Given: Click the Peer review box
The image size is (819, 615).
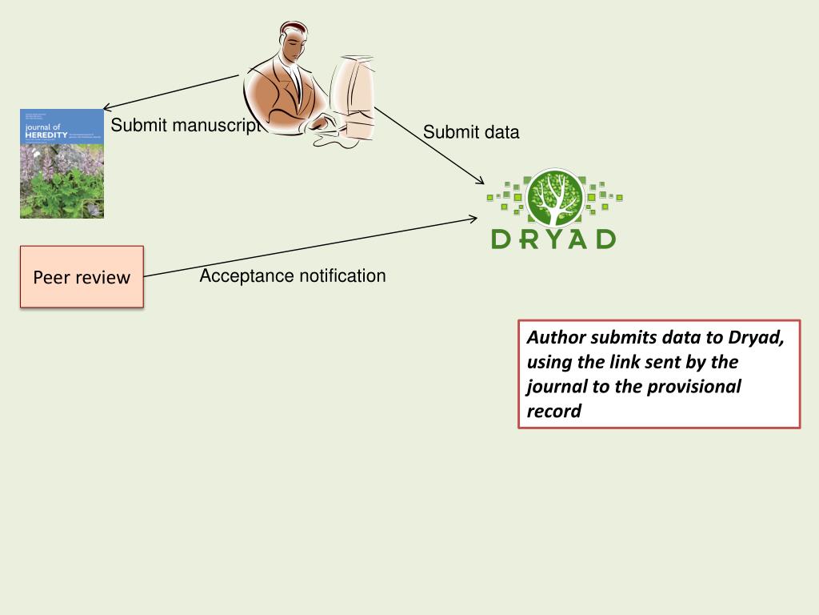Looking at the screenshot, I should (x=82, y=277).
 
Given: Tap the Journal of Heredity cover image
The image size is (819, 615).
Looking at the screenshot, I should (x=62, y=163).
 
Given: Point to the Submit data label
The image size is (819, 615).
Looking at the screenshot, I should (x=471, y=132).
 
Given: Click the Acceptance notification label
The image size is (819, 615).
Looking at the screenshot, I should (x=292, y=276).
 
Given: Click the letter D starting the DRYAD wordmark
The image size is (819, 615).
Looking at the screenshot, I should (x=501, y=239).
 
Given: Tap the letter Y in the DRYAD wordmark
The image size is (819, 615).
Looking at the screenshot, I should (x=553, y=239).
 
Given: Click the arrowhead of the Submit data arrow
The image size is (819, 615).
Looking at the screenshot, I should (x=481, y=183).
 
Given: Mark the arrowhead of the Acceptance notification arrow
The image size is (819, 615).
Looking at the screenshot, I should (x=474, y=218).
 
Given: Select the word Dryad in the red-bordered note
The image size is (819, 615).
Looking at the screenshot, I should (x=756, y=337).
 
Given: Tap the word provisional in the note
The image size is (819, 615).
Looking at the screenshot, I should (x=694, y=387).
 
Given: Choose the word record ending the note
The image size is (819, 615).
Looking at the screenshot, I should (x=553, y=412).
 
